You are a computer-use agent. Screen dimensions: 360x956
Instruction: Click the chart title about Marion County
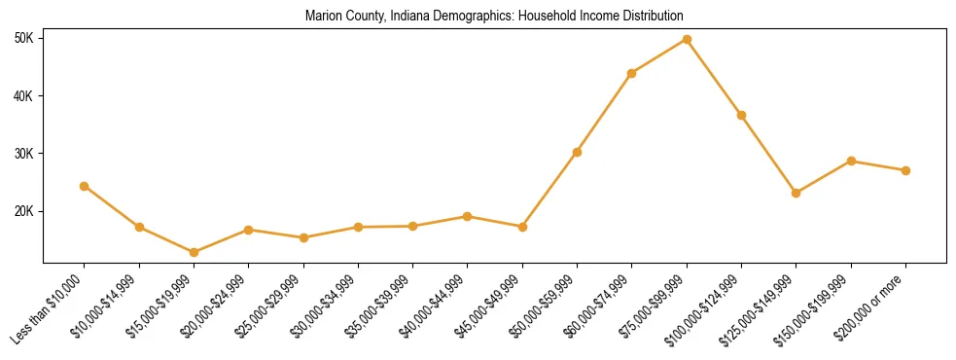[x=494, y=17]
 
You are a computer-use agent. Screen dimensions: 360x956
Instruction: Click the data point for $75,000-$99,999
[x=687, y=39]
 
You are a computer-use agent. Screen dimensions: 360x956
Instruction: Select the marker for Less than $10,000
[x=85, y=186]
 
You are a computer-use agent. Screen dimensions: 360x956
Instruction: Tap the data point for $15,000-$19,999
[x=194, y=252]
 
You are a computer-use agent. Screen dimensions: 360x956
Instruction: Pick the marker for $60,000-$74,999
[x=632, y=73]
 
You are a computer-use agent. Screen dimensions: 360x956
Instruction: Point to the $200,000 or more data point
[x=905, y=170]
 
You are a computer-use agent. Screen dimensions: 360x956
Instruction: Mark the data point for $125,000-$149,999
[x=797, y=193]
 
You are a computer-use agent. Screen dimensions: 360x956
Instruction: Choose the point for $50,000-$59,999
[x=578, y=152]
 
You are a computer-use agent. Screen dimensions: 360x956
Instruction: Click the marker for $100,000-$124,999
[x=741, y=115]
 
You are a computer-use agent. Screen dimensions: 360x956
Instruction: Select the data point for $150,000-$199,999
[x=851, y=161]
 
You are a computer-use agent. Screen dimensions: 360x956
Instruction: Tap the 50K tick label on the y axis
[x=23, y=38]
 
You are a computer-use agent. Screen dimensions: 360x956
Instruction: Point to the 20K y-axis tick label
[x=23, y=211]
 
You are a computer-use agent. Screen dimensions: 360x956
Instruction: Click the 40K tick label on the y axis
[x=23, y=95]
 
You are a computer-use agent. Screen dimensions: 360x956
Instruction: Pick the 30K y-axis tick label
[x=23, y=154]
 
